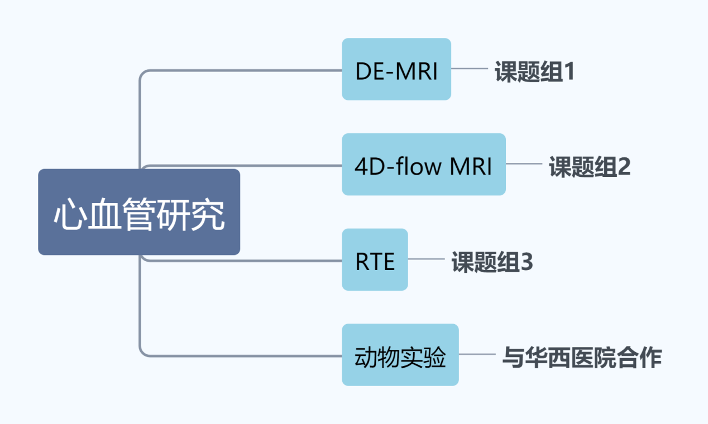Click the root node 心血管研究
(x=139, y=212)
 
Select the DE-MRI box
(x=396, y=69)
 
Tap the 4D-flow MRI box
(x=423, y=165)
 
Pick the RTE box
(x=375, y=259)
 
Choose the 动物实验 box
(x=400, y=355)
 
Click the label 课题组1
(x=534, y=73)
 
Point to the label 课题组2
(x=590, y=167)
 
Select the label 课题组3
(x=492, y=262)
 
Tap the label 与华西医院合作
(x=582, y=358)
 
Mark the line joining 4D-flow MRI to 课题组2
(x=524, y=164)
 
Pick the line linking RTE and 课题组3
(x=427, y=259)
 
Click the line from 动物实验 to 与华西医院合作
(x=477, y=354)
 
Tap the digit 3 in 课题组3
(x=526, y=262)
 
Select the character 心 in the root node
(x=68, y=215)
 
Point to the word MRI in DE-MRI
(x=416, y=71)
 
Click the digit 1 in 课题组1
(x=568, y=73)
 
